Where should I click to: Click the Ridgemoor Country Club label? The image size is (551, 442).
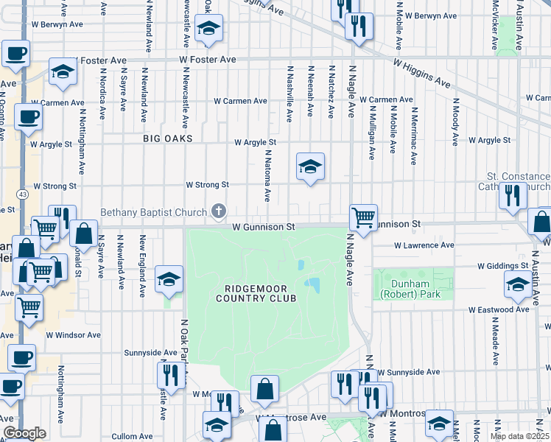pos(256,292)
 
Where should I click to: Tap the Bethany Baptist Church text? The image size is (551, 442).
pos(153,212)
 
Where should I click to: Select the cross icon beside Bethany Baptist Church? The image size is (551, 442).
pos(217,212)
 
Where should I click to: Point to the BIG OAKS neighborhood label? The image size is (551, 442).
pos(168,138)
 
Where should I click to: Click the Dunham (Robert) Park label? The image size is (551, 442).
pos(403,288)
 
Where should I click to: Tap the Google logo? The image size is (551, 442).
pos(24,433)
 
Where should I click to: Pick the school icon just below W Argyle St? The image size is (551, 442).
pos(310,167)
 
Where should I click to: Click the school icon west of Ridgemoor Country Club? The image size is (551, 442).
pos(169,280)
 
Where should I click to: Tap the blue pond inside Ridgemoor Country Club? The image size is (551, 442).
pos(312,284)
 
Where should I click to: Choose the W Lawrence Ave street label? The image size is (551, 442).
pos(424,245)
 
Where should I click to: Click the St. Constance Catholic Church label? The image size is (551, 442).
pos(519,182)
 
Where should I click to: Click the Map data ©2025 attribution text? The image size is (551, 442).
pos(519,436)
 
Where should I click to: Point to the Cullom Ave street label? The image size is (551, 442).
pos(133,436)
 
